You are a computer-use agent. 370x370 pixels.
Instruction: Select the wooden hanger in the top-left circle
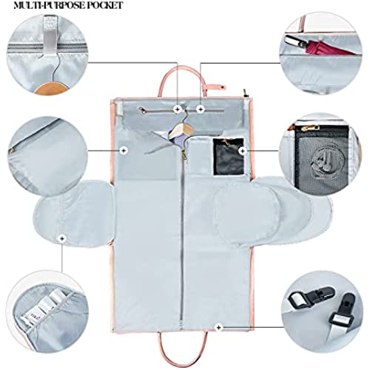(x=51, y=89)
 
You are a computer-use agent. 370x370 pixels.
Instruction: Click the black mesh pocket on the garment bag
(x=229, y=157)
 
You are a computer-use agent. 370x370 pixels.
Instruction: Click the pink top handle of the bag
(x=181, y=80)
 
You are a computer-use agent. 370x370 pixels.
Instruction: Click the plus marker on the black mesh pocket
(x=243, y=151)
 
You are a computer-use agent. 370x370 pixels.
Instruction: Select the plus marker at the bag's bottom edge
(x=218, y=328)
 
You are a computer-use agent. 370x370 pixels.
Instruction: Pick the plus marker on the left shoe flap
(x=62, y=238)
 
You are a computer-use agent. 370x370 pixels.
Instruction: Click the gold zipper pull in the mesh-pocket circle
(x=309, y=128)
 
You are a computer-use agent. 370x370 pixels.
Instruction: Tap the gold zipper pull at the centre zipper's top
(x=184, y=155)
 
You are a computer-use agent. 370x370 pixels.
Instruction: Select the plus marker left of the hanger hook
(x=178, y=109)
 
